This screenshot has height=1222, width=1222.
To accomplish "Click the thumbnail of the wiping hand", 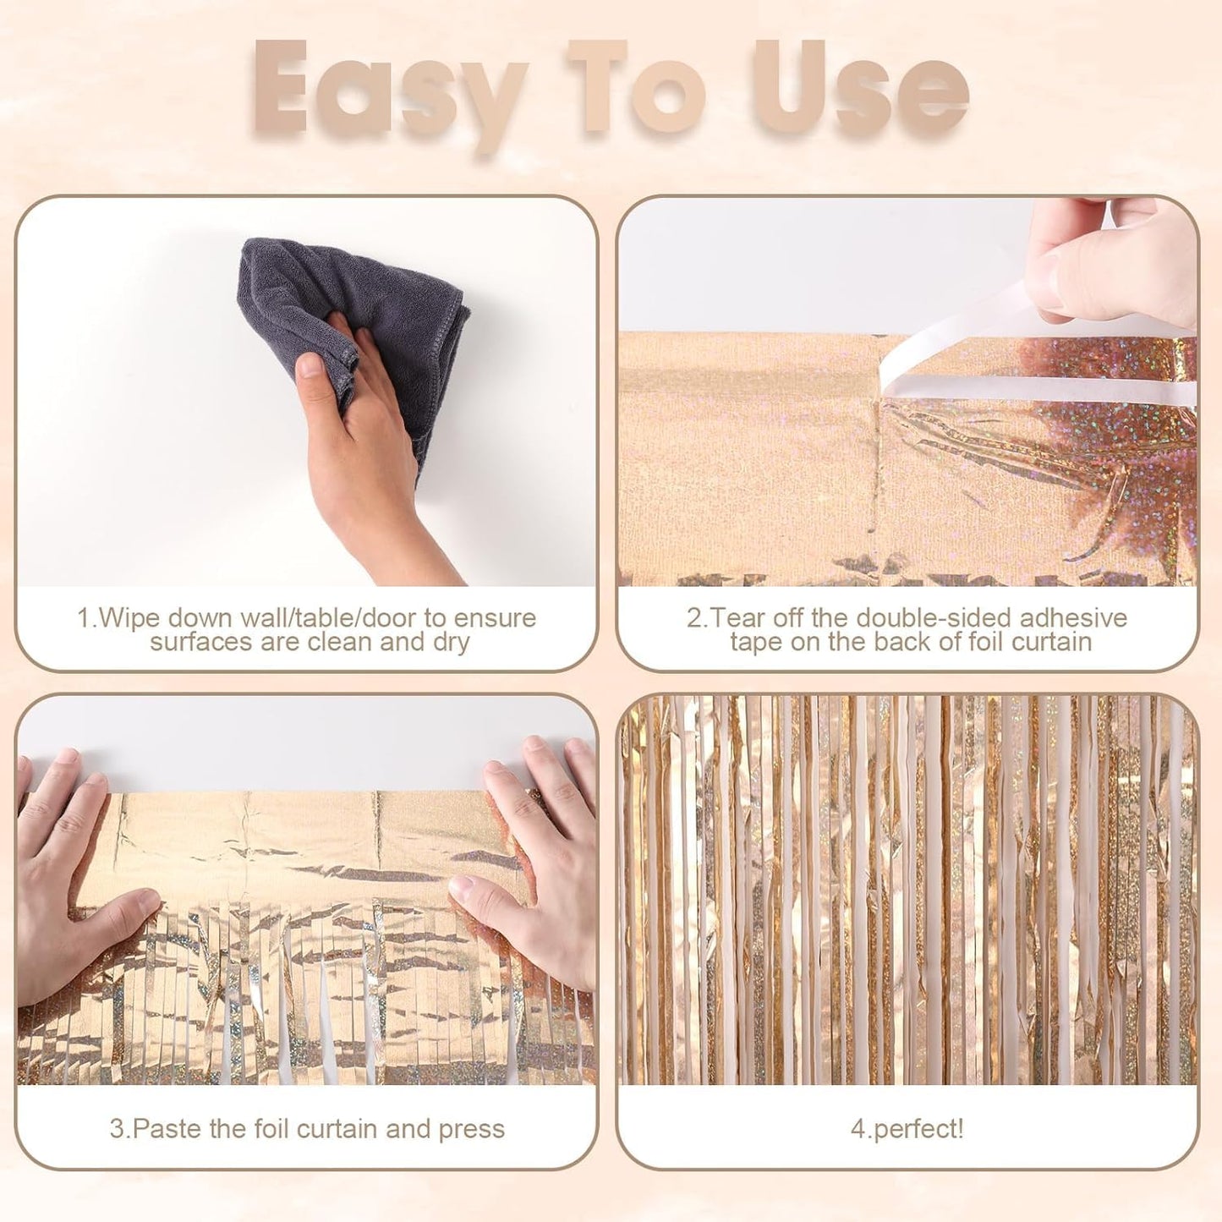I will click(310, 365).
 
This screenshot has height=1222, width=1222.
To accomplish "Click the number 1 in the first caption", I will click(84, 618).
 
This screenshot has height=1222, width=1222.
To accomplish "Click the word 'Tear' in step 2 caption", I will click(743, 618).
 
